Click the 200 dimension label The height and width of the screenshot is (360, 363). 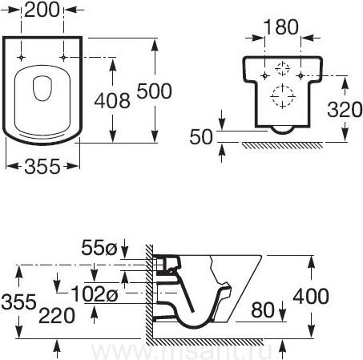(x=42, y=10)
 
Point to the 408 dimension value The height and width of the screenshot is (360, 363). (x=112, y=101)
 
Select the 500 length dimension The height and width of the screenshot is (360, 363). (x=154, y=91)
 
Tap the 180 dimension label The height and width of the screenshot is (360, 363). (x=281, y=27)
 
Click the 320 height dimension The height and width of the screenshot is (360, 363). (x=345, y=110)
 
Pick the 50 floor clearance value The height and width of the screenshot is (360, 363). (x=201, y=137)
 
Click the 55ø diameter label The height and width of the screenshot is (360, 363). (x=99, y=248)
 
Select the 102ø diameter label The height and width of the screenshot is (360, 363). (x=95, y=293)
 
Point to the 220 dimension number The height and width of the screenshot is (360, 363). (x=57, y=316)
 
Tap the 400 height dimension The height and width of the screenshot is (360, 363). (x=311, y=297)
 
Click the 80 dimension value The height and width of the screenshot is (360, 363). (x=263, y=310)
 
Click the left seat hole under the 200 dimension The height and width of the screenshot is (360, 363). (x=21, y=58)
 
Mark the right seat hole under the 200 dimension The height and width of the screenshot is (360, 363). (x=63, y=58)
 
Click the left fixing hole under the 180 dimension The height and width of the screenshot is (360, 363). (x=264, y=76)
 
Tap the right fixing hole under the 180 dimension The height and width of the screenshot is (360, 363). (x=300, y=76)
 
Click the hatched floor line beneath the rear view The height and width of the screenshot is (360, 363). (x=283, y=145)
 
